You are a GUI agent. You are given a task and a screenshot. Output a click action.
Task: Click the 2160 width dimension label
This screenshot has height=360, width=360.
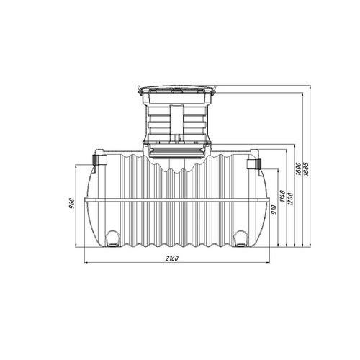pyautogui.click(x=172, y=258)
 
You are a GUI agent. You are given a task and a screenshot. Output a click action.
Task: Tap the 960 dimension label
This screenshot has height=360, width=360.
pyautogui.click(x=72, y=204)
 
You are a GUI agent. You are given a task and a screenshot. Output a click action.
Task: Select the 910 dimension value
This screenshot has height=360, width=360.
pyautogui.click(x=274, y=210)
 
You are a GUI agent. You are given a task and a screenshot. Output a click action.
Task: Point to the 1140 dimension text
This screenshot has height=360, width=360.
pyautogui.click(x=282, y=196)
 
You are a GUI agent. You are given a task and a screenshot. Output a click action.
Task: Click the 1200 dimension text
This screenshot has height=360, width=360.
pyautogui.click(x=290, y=199)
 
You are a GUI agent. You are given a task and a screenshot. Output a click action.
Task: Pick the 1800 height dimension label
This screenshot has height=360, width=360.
pyautogui.click(x=298, y=169)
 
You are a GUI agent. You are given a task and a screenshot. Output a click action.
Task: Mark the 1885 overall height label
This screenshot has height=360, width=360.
pyautogui.click(x=306, y=169)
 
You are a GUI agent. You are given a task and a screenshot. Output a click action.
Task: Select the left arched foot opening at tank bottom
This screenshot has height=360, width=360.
pyautogui.click(x=112, y=238)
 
